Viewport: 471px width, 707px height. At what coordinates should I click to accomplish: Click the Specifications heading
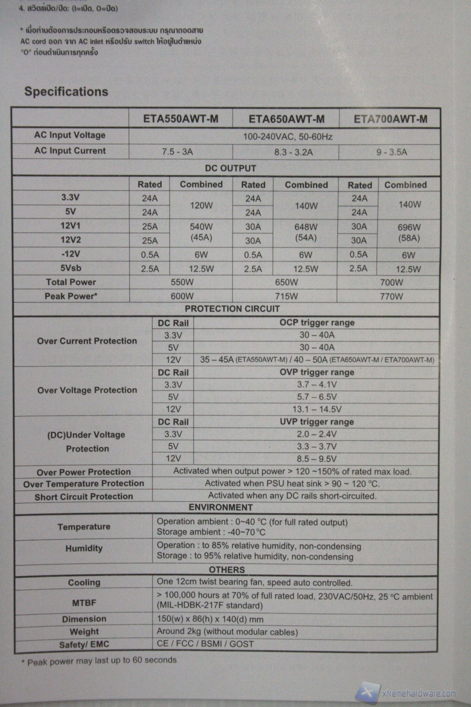(x=66, y=91)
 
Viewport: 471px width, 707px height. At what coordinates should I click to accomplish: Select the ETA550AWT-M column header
(x=181, y=119)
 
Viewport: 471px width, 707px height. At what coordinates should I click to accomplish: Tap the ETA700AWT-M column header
(x=390, y=119)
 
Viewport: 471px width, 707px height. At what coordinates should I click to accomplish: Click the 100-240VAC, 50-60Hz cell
(x=287, y=137)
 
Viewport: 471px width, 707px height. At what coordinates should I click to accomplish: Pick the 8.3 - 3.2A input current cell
(x=293, y=152)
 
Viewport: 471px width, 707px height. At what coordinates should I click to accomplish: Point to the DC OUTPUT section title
(x=231, y=168)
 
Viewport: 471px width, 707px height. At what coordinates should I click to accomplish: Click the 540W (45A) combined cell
(x=201, y=232)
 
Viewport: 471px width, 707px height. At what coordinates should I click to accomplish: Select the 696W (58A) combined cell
(x=409, y=233)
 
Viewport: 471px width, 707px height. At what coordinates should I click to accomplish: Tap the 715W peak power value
(x=286, y=296)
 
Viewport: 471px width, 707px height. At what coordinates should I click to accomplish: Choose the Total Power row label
(x=71, y=282)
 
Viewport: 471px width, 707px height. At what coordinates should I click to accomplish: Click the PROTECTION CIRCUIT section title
(x=232, y=309)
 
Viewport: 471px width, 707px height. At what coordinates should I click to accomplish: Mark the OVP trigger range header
(x=317, y=372)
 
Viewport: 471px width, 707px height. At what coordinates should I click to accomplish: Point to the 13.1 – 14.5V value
(x=317, y=409)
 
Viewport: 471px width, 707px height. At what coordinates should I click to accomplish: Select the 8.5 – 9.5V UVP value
(x=317, y=459)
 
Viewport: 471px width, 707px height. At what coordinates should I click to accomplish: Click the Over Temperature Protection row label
(x=84, y=484)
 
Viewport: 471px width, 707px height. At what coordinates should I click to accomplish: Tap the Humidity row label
(x=84, y=548)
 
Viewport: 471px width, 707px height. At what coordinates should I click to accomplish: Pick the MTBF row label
(x=84, y=602)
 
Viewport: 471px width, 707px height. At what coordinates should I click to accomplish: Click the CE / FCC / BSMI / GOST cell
(x=205, y=644)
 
